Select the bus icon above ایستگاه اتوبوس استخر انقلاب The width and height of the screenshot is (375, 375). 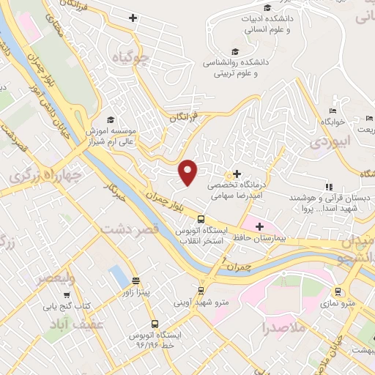[201, 219]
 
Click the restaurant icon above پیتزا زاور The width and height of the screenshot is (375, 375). [135, 281]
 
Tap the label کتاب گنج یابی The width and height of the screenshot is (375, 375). [64, 305]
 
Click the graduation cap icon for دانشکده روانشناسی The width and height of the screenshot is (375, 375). [235, 51]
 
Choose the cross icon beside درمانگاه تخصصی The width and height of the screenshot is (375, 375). [236, 174]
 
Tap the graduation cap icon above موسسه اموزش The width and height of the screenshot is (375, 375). [111, 119]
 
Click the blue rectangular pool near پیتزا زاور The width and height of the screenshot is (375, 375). [117, 276]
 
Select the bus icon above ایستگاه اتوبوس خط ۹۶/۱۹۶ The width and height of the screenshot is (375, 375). [154, 323]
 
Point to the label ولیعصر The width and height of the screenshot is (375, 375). [55, 278]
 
